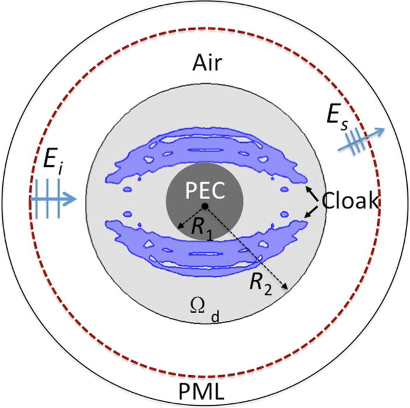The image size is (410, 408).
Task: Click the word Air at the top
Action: pos(204,63)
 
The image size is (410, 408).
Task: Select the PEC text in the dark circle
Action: pos(204,190)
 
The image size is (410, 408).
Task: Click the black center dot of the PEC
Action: pos(204,207)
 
